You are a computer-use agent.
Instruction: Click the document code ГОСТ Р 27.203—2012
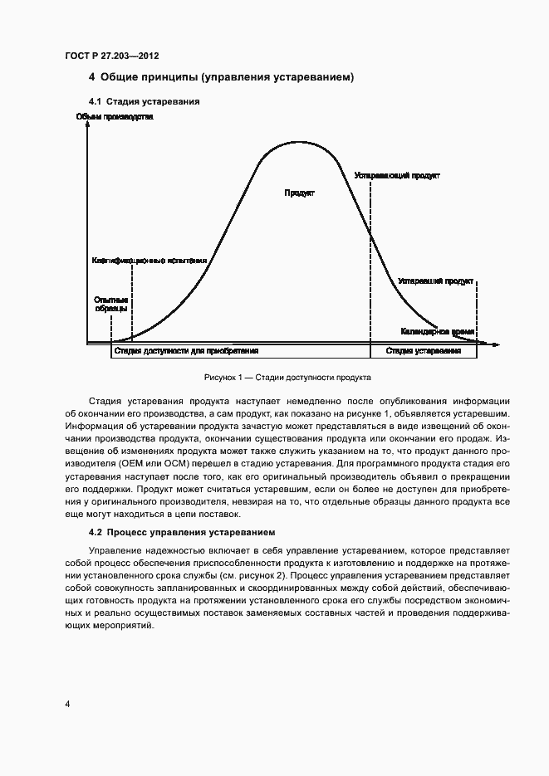(x=112, y=56)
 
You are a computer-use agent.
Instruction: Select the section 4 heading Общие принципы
(x=222, y=79)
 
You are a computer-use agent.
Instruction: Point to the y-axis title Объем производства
(x=115, y=117)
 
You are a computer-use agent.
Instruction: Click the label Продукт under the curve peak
(x=299, y=193)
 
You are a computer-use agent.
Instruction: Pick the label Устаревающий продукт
(x=397, y=176)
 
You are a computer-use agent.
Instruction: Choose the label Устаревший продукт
(x=436, y=281)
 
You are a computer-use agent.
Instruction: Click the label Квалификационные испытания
(x=149, y=260)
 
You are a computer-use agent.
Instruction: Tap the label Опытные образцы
(x=110, y=304)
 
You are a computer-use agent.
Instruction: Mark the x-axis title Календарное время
(x=438, y=331)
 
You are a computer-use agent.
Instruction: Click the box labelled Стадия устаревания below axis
(x=424, y=351)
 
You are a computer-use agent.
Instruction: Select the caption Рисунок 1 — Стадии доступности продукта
(x=287, y=377)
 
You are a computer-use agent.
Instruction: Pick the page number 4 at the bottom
(x=67, y=704)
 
